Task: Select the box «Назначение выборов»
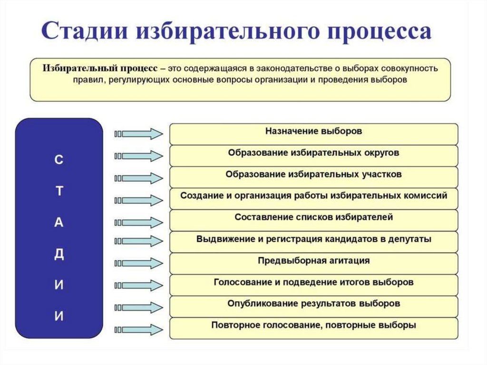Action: [x=313, y=134]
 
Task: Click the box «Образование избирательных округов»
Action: [x=313, y=156]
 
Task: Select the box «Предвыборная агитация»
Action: [x=313, y=263]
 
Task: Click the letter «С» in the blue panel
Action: [x=58, y=160]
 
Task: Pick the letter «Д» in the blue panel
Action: [x=58, y=254]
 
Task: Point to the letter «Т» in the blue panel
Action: [x=58, y=191]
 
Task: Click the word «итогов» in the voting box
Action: [x=354, y=282]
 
